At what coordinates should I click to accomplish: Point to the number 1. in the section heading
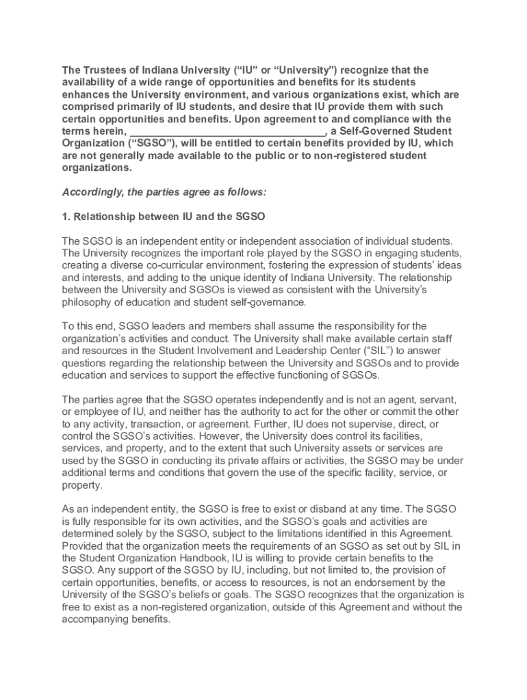click(66, 217)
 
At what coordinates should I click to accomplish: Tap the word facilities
click(417, 436)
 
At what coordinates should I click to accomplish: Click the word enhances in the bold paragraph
click(86, 94)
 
